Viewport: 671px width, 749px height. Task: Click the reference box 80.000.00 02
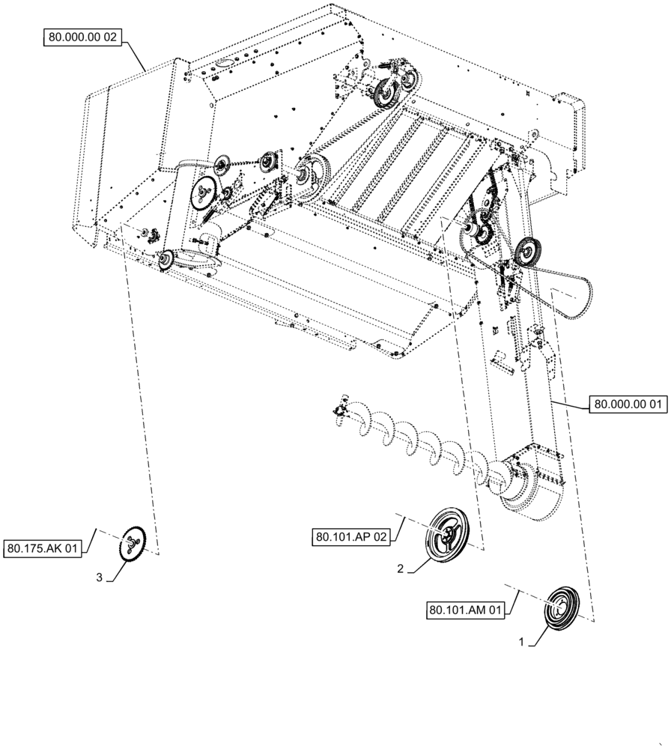point(82,36)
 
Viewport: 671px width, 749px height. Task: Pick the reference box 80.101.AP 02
point(350,536)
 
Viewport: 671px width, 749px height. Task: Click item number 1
point(522,643)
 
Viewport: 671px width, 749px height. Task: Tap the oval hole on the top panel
point(222,64)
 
